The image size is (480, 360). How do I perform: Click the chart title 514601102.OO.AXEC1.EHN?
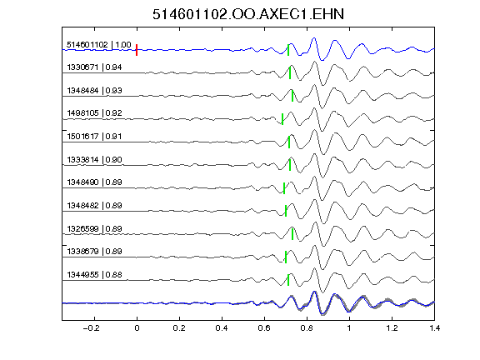coord(248,14)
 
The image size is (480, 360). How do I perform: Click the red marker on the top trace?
coord(137,50)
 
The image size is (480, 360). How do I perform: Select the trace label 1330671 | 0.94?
coord(94,67)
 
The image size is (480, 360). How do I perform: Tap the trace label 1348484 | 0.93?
coord(94,91)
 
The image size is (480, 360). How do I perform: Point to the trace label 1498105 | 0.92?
coord(94,113)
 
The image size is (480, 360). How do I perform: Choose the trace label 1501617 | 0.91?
coord(94,136)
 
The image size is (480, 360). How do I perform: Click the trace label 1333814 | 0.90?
coord(94,160)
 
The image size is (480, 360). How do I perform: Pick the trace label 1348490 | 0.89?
coord(94,182)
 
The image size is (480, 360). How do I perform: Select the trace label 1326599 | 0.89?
coord(94,229)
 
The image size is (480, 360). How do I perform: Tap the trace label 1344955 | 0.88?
coord(94,275)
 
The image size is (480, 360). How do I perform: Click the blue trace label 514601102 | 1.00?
coord(99,45)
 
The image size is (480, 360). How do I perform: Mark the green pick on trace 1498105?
coord(282,119)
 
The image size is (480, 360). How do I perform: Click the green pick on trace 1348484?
coord(292,96)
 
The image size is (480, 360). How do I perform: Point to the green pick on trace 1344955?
coord(288,280)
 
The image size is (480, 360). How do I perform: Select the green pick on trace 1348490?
coord(284,188)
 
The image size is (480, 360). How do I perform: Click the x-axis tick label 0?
coord(137,328)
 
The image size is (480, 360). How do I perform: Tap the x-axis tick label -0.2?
coord(91,328)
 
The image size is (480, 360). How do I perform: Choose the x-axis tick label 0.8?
coord(307,328)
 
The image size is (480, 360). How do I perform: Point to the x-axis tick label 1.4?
coord(434,328)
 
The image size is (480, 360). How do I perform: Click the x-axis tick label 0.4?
coord(222,328)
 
